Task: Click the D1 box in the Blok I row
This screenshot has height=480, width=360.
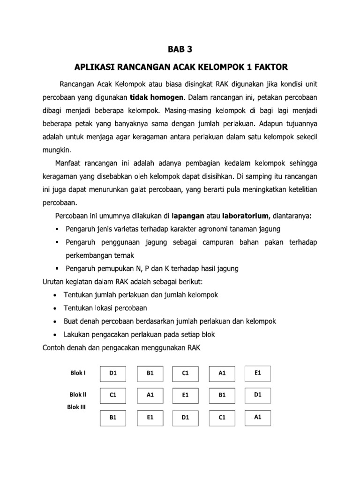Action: [x=112, y=374]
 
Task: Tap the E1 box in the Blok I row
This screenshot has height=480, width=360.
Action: [x=257, y=373]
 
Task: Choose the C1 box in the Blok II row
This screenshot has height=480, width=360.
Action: [x=112, y=395]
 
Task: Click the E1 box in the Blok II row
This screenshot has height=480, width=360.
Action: [x=185, y=395]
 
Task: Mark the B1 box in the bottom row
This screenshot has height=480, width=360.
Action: [x=112, y=417]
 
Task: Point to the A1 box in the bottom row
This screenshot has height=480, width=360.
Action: [x=257, y=416]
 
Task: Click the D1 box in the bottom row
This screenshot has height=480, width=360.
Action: [x=185, y=417]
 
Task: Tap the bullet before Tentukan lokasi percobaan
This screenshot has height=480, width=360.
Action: [x=56, y=308]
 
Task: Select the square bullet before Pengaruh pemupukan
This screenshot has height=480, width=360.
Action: [x=56, y=269]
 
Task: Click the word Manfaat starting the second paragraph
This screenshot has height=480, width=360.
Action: [x=69, y=164]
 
